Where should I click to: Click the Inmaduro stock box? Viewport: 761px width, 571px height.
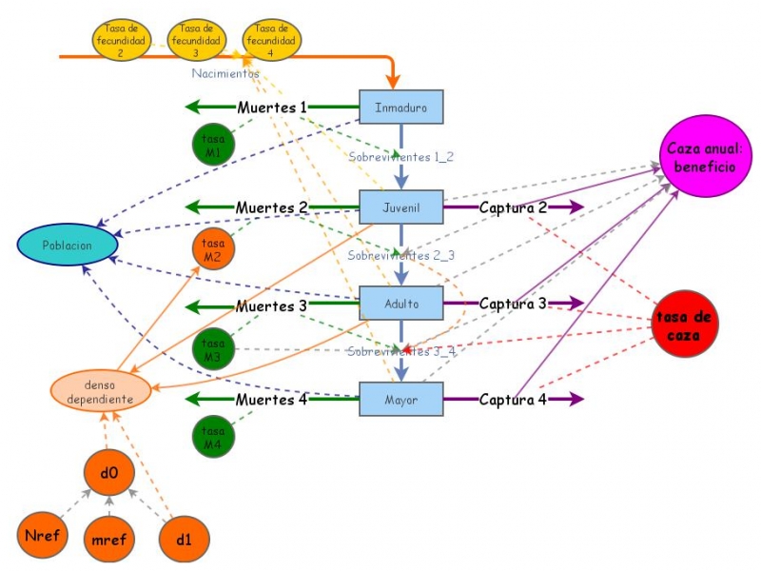(401, 107)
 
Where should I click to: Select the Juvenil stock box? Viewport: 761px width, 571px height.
(401, 206)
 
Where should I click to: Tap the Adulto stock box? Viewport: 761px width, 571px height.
(401, 303)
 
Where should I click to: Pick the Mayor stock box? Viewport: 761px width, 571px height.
(401, 399)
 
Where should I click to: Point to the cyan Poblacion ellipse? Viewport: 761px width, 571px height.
(68, 245)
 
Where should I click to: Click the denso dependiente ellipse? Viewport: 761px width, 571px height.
(100, 391)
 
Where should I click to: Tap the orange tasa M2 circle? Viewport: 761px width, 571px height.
(213, 249)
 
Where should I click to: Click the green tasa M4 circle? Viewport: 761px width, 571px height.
(213, 437)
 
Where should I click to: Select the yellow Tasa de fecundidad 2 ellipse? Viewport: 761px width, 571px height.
(121, 41)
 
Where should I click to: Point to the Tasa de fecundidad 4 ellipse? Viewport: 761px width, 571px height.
(271, 41)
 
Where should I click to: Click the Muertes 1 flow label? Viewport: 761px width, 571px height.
(271, 107)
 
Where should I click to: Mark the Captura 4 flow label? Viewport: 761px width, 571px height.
(512, 400)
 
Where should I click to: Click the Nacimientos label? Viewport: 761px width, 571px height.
(225, 73)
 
